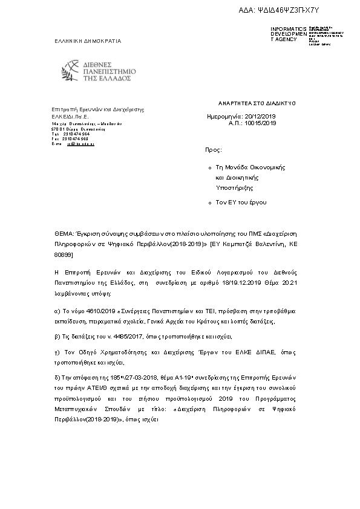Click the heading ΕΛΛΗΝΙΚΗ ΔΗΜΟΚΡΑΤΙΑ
[88, 41]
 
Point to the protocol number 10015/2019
[260, 122]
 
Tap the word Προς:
[214, 148]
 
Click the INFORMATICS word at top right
[288, 28]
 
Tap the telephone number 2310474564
[76, 134]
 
